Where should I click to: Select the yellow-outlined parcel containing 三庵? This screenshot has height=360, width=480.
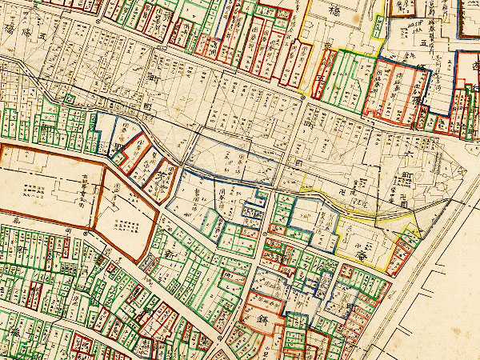[364, 236]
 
